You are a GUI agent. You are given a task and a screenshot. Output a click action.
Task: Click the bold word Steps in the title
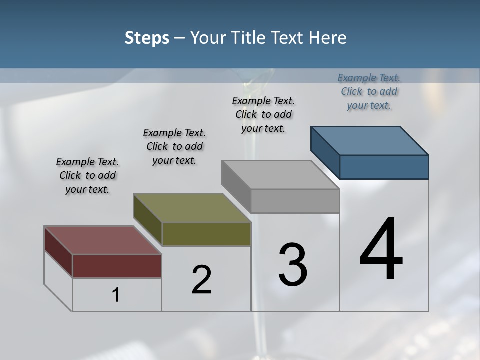click(x=147, y=38)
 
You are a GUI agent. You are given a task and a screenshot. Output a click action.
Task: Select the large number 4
click(x=381, y=250)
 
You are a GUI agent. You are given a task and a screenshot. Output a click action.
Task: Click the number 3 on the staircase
click(x=293, y=265)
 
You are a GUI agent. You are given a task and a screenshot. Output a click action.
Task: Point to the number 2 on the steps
click(x=202, y=280)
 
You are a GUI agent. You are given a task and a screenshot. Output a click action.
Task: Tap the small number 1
click(x=116, y=295)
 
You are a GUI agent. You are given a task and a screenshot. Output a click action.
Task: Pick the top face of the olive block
click(x=192, y=208)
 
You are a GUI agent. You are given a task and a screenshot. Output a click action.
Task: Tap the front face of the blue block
click(x=384, y=167)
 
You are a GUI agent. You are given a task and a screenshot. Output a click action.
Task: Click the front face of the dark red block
click(x=117, y=266)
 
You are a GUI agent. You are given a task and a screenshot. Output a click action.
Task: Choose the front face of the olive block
click(x=206, y=234)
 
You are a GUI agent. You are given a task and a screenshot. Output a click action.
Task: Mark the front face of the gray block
click(x=295, y=201)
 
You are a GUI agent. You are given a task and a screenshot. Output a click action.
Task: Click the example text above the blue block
click(x=369, y=92)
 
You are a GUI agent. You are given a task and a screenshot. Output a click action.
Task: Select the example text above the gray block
click(x=263, y=114)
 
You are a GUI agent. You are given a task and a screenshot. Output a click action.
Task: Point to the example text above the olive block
click(x=174, y=146)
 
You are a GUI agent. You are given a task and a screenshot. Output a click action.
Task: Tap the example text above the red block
click(x=87, y=175)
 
